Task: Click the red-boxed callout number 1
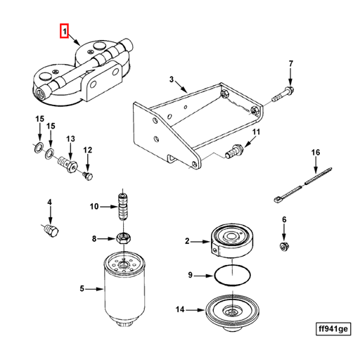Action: point(64,32)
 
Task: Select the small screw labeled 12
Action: point(88,174)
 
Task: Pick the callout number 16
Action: point(316,153)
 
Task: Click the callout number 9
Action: point(190,275)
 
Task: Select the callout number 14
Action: point(180,309)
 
